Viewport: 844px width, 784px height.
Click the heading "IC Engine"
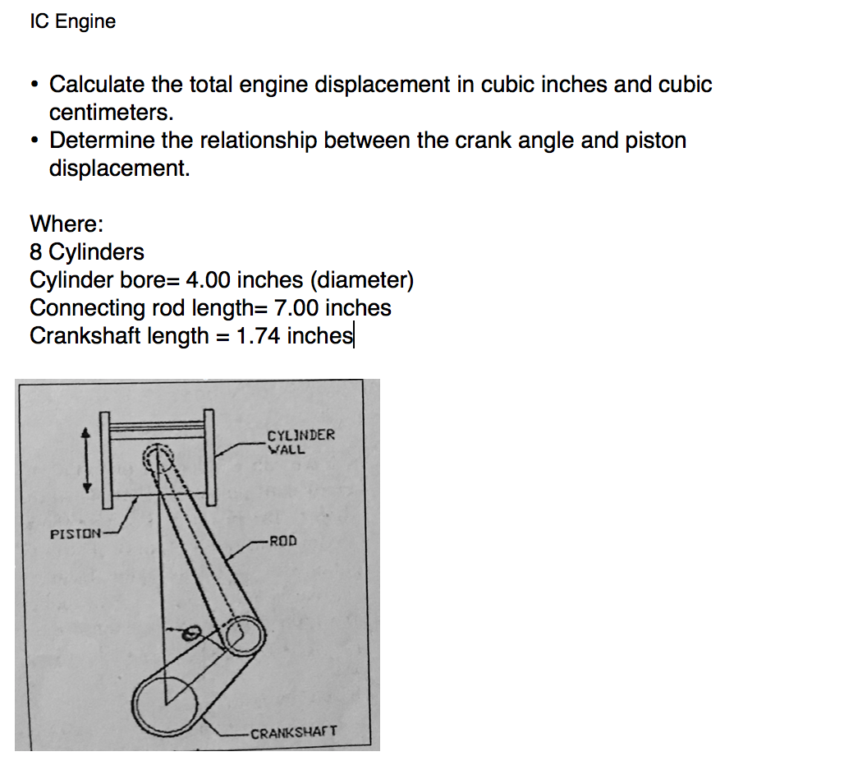[72, 21]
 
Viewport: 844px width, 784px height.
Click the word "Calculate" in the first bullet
[97, 85]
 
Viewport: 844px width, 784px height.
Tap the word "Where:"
[67, 224]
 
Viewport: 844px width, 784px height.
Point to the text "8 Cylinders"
[86, 251]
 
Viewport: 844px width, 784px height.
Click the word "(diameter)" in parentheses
[361, 280]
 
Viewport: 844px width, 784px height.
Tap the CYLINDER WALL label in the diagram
[300, 442]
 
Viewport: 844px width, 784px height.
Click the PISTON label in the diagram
[76, 534]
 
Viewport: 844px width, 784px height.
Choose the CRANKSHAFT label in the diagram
[293, 732]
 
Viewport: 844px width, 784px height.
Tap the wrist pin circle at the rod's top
[158, 457]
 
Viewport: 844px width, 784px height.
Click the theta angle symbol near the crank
[189, 634]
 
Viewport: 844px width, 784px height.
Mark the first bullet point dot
[34, 85]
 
